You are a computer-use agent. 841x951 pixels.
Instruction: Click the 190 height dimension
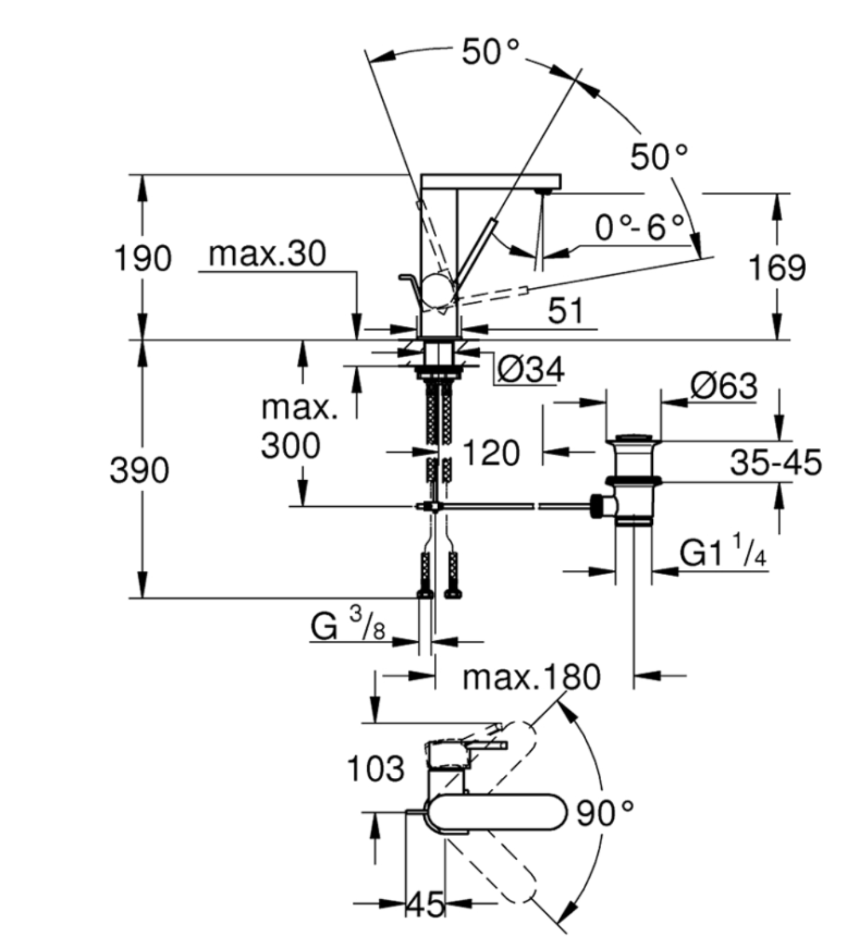click(x=142, y=259)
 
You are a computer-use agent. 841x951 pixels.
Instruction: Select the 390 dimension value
click(x=139, y=470)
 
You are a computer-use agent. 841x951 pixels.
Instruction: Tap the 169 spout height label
click(x=777, y=268)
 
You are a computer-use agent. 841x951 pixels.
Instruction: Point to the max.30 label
click(x=267, y=254)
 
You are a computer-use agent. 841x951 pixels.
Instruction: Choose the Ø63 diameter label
click(x=723, y=386)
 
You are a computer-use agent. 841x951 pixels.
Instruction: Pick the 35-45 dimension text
click(x=775, y=463)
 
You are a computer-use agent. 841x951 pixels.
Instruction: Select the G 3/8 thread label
click(x=347, y=626)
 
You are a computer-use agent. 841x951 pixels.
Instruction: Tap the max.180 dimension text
click(x=531, y=677)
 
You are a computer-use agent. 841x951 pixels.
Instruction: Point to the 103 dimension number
click(x=376, y=769)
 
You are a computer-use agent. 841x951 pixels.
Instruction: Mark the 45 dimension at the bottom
click(x=426, y=903)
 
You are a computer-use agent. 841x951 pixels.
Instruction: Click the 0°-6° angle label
click(x=640, y=227)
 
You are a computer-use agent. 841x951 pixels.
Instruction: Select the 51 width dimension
click(x=566, y=311)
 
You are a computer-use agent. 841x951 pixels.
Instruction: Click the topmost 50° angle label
click(x=490, y=52)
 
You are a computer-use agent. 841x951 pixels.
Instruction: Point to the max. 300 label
click(x=299, y=427)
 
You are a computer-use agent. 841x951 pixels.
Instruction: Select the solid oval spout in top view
click(x=496, y=812)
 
